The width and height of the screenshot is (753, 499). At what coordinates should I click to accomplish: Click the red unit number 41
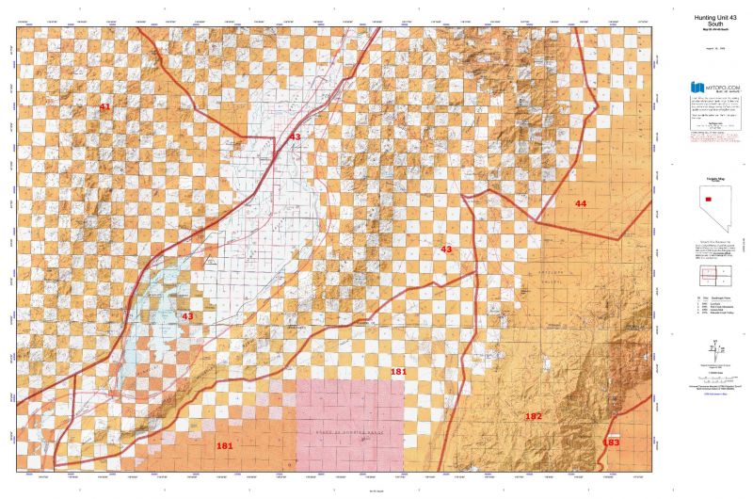(x=104, y=107)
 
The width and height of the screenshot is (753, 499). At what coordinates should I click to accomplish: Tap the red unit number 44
(x=581, y=203)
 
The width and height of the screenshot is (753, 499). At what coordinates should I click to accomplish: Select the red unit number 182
(x=534, y=415)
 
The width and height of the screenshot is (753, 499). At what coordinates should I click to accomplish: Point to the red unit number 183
(x=611, y=442)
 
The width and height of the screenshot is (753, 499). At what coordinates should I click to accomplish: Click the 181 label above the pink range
(x=399, y=373)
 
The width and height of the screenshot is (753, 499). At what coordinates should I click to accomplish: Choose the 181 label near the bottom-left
(x=224, y=445)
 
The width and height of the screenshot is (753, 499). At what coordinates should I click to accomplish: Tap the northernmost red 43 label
(x=295, y=137)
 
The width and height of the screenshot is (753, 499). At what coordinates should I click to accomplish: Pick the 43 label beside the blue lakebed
(x=187, y=316)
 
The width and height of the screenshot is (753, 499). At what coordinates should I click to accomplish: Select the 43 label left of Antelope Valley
(x=446, y=249)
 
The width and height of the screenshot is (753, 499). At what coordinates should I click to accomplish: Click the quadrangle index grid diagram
(x=713, y=277)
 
